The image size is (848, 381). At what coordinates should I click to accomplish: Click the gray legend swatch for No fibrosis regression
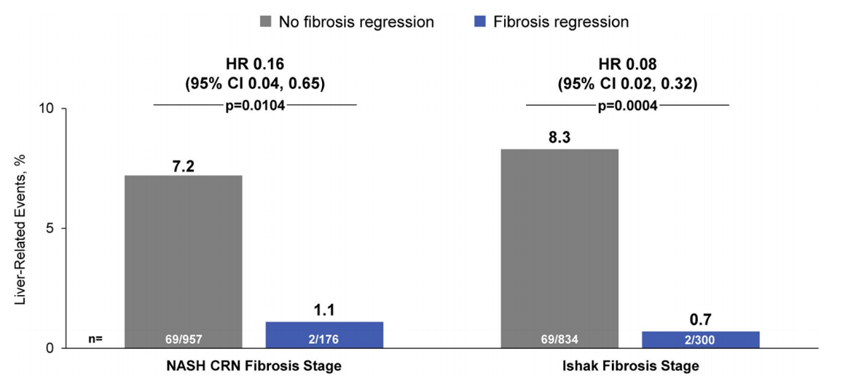[x=266, y=22]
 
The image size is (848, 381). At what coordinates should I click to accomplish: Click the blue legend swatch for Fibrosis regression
[x=479, y=22]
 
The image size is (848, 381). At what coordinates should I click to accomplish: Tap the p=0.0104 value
[x=254, y=106]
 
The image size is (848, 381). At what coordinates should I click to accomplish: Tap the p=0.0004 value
[x=627, y=106]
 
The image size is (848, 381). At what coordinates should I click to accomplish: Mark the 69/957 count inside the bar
[x=183, y=339]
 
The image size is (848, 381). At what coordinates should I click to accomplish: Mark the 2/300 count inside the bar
[x=701, y=339]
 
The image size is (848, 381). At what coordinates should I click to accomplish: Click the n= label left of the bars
[x=96, y=339]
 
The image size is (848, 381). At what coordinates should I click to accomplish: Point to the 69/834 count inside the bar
[x=560, y=339]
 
